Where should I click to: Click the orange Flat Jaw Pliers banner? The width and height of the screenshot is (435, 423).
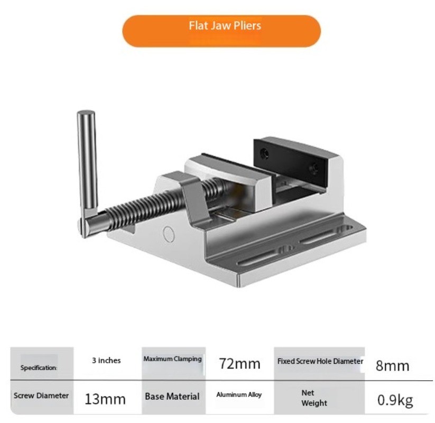[222, 31]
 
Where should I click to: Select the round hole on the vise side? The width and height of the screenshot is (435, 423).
[169, 233]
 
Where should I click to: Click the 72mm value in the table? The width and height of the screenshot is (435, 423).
[239, 364]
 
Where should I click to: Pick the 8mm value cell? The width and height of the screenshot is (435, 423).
[392, 365]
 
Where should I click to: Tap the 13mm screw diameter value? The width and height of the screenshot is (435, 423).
[105, 399]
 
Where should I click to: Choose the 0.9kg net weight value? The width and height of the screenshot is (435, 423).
[395, 400]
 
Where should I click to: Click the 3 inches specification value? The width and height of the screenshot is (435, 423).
[106, 361]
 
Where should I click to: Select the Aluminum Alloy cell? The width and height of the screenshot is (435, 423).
[239, 395]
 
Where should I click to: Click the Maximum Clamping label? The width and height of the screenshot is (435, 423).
[172, 359]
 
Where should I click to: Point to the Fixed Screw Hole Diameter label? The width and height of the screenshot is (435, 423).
[320, 362]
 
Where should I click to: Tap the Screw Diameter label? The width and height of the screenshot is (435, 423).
[41, 396]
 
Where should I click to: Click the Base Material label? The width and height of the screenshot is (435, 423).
[172, 397]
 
